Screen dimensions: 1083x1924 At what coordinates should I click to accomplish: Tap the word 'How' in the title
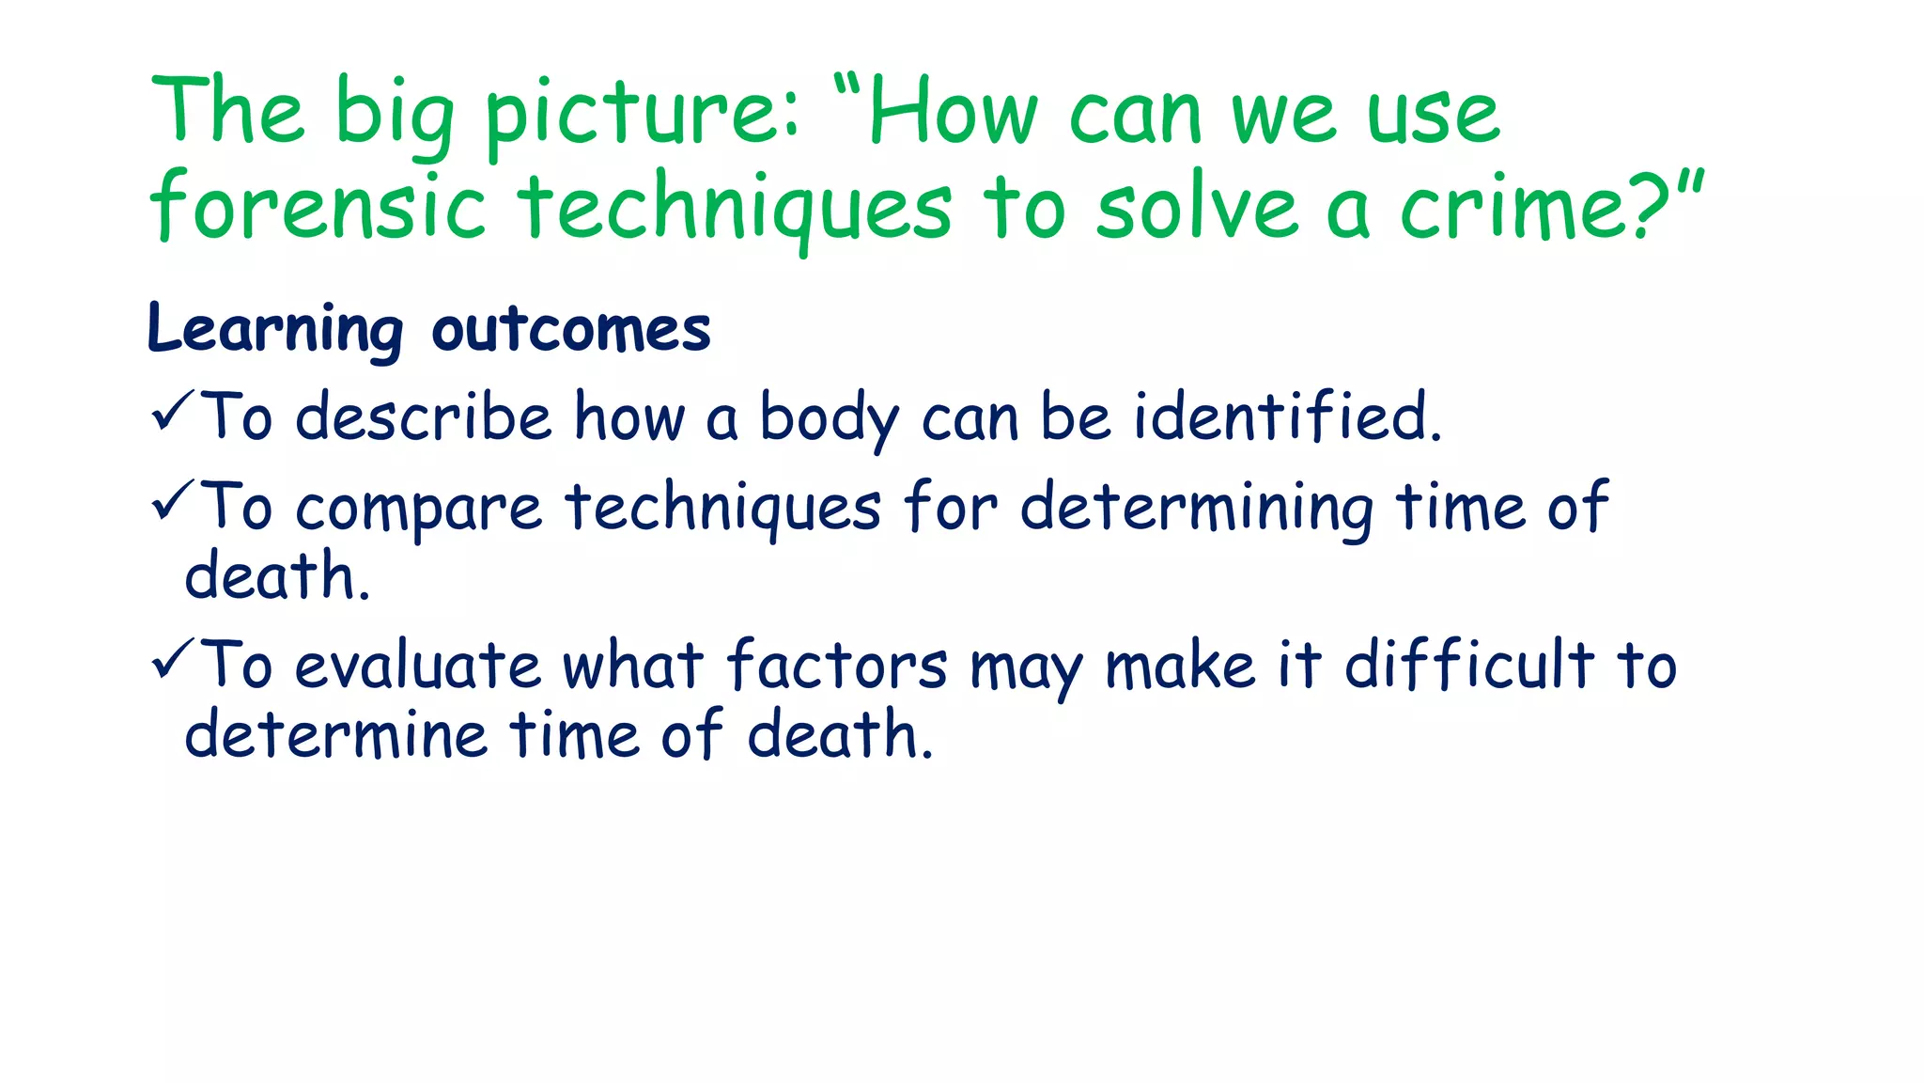[x=951, y=115]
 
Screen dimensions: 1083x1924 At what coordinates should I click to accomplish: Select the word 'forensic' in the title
[x=318, y=207]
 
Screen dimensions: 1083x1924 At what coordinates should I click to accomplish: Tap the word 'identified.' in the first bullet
[x=1287, y=416]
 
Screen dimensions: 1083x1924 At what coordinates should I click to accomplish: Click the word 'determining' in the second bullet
[x=1197, y=509]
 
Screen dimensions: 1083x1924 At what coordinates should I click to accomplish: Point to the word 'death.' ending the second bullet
[x=277, y=575]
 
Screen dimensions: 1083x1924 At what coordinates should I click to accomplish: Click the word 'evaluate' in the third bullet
[x=418, y=666]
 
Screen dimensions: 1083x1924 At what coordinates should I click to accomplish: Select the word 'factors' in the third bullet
[x=836, y=666]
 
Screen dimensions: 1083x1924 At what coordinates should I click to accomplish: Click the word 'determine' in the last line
[x=335, y=734]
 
